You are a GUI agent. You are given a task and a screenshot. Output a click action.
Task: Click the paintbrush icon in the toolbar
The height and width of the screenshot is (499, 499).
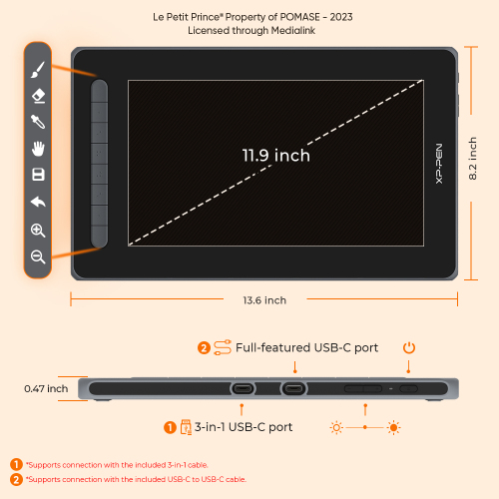(38, 70)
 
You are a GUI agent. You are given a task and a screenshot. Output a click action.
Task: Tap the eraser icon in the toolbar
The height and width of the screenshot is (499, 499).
(38, 96)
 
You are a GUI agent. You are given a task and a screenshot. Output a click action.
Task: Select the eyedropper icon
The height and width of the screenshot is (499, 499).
(38, 122)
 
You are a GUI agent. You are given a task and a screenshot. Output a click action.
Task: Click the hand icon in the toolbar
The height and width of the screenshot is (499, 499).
(38, 149)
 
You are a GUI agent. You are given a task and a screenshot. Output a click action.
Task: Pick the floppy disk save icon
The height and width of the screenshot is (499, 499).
(38, 175)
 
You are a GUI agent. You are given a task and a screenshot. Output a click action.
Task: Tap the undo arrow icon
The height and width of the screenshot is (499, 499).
(38, 202)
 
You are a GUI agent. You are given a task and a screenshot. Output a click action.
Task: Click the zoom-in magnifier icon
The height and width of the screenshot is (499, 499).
(38, 231)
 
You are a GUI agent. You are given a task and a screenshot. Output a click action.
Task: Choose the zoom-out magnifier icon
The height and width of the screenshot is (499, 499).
(38, 257)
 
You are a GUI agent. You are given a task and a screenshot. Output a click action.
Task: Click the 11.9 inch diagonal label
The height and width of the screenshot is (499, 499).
(275, 156)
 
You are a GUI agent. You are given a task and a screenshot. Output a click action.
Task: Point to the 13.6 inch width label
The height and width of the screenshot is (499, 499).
(264, 300)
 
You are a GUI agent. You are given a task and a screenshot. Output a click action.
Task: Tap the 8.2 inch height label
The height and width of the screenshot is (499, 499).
(472, 159)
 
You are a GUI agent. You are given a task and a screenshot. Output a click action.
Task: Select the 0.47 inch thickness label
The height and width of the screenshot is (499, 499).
(46, 388)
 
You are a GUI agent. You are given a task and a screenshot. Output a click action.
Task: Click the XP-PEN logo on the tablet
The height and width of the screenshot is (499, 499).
(439, 164)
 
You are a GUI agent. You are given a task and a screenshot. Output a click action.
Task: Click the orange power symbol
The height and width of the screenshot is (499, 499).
(409, 348)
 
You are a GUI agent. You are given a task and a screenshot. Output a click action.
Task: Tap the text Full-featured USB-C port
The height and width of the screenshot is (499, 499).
(306, 347)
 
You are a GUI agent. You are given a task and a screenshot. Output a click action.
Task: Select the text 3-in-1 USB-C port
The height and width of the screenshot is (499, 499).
(244, 427)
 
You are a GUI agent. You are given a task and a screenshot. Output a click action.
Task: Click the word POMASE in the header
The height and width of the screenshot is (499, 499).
(299, 17)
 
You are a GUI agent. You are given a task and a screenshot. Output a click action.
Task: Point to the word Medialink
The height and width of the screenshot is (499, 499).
(293, 31)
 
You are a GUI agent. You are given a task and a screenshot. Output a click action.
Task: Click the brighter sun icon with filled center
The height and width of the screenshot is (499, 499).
(393, 427)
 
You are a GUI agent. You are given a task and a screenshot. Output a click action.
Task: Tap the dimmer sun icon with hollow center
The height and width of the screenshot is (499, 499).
(336, 427)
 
